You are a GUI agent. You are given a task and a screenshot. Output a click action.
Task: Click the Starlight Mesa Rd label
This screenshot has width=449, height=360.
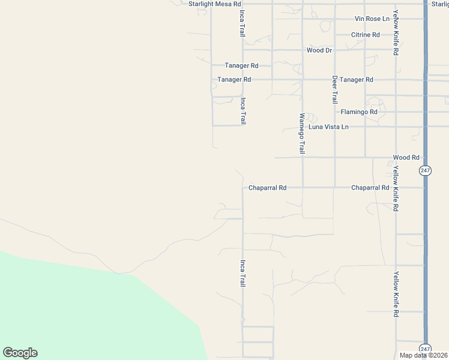(214, 4)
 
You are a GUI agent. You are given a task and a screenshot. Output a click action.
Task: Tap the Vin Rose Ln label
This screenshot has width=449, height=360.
(372, 19)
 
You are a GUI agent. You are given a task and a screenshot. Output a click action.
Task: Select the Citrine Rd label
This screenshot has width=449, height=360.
(366, 35)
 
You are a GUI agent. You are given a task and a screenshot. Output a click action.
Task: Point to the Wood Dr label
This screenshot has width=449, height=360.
(319, 50)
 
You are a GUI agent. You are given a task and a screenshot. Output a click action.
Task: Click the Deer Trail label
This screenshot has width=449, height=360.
(335, 89)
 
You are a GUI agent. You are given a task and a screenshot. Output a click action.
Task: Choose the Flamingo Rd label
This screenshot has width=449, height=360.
(359, 112)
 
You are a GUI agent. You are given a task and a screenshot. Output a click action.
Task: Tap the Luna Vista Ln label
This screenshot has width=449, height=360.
(328, 127)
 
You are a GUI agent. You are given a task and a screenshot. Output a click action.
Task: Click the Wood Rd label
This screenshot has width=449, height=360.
(406, 158)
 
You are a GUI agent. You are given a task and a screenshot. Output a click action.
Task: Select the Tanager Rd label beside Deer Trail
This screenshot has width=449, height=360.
(356, 80)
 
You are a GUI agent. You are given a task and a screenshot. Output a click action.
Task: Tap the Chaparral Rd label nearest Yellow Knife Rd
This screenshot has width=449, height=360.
(370, 188)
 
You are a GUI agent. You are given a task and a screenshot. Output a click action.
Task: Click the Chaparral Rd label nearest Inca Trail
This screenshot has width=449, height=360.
(268, 188)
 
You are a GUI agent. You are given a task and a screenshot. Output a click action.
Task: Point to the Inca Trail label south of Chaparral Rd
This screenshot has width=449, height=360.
(243, 273)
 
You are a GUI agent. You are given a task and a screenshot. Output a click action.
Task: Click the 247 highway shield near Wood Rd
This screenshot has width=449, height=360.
(425, 170)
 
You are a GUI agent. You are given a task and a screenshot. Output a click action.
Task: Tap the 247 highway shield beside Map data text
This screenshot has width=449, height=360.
(425, 349)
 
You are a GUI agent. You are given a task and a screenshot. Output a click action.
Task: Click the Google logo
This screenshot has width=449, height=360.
(20, 353)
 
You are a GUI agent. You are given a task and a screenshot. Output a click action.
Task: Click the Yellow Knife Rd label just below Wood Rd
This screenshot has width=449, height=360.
(396, 190)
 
